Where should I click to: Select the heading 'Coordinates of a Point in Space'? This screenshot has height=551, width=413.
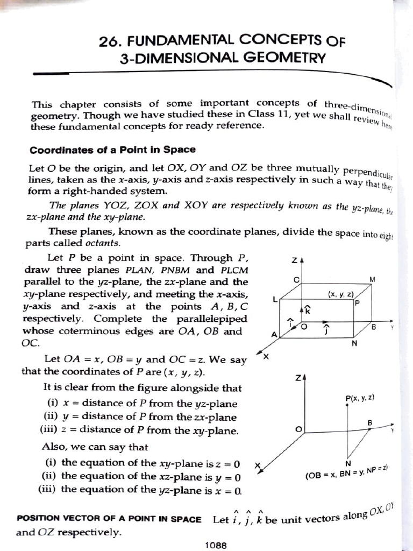pos(112,150)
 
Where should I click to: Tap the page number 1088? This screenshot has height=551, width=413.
pos(216,545)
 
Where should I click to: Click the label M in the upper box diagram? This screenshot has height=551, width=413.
pos(372,279)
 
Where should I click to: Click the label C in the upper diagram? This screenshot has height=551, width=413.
pos(296,280)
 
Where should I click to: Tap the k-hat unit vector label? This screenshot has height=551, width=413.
pos(308,309)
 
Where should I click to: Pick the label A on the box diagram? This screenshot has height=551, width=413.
pos(274,334)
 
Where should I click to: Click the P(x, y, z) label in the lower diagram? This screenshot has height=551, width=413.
pos(360,398)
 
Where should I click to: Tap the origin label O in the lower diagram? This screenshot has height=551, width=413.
pos(298,429)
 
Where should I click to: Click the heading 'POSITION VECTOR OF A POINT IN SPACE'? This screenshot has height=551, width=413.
pos(109,519)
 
